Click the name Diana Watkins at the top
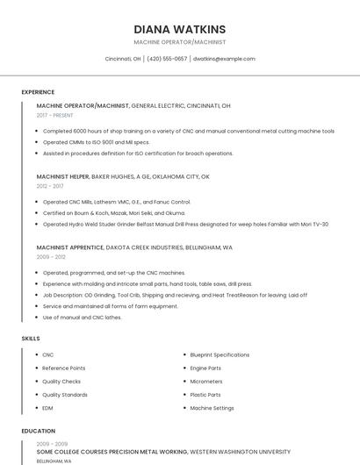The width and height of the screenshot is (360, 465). coord(179,29)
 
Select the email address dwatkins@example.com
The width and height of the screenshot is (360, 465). coord(224,59)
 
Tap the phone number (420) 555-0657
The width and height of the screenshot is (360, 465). coord(167,59)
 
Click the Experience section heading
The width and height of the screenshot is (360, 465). coord(38,92)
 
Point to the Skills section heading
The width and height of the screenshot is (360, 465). coord(31,338)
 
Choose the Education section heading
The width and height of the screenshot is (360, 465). coord(38,431)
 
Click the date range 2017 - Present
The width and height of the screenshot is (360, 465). coord(55,115)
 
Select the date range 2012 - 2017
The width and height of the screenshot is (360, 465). coord(50,186)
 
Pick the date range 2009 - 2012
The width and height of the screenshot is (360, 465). coord(50,257)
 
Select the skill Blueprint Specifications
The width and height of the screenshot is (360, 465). coord(220,354)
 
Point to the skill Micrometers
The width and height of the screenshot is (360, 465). coord(206,382)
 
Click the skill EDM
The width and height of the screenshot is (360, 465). coord(48,408)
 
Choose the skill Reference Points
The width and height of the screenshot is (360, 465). coord(64,368)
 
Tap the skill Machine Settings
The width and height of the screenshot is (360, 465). coord(212,408)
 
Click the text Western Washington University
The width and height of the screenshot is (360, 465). coord(240,451)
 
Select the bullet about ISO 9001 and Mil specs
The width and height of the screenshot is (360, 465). coord(97,142)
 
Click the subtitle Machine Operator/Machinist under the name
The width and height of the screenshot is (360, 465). coord(179,42)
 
